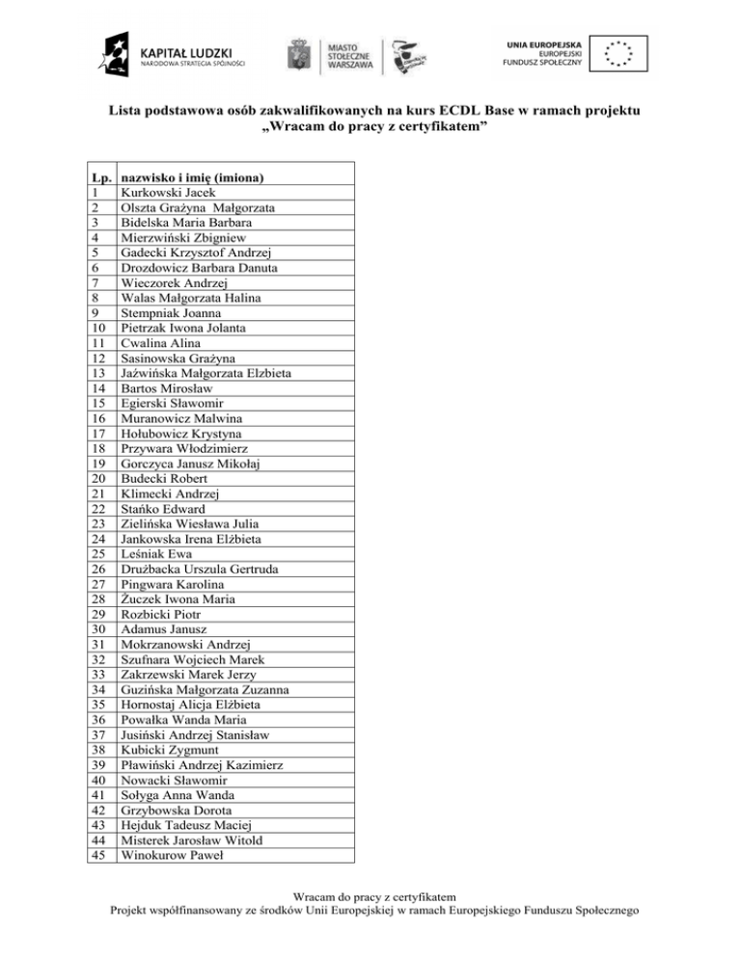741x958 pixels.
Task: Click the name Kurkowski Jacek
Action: click(160, 193)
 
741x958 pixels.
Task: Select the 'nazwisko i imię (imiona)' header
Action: click(193, 177)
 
